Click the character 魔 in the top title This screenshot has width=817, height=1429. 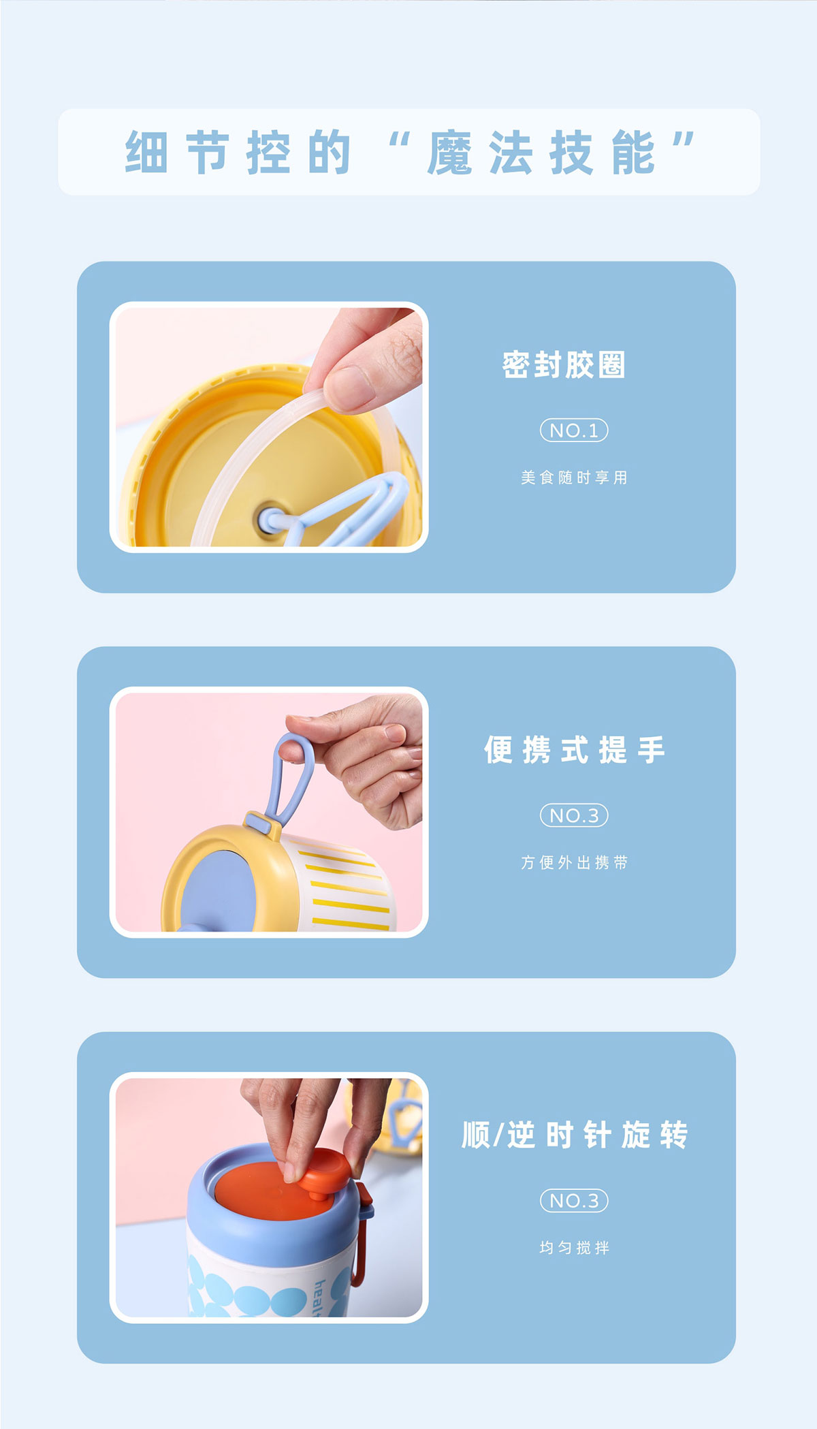[450, 153]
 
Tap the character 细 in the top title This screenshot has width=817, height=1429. [146, 153]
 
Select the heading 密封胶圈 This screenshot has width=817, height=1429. [564, 364]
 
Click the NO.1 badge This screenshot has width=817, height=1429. [574, 430]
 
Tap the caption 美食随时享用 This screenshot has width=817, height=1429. [574, 477]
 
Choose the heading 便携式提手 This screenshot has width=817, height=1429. [574, 750]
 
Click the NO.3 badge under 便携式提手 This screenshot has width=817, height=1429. [574, 815]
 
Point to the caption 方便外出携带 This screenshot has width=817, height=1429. [574, 862]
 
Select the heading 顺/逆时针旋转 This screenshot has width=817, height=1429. [575, 1135]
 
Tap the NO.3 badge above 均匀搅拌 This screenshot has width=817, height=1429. [574, 1200]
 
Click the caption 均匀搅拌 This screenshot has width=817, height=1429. [574, 1247]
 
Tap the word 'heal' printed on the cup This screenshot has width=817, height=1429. [319, 1298]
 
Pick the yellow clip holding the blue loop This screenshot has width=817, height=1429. [262, 825]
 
